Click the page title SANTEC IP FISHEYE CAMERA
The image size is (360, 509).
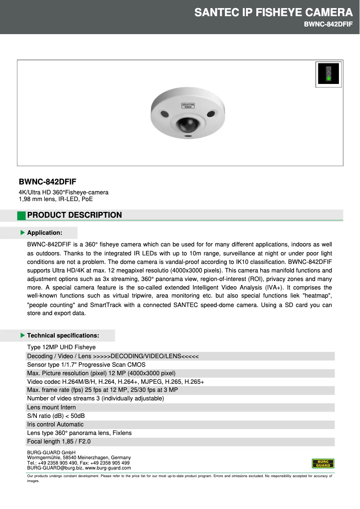[x=273, y=13]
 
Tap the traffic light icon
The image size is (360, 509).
[x=328, y=74]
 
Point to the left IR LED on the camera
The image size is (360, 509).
[x=165, y=113]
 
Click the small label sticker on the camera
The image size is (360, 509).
[x=187, y=106]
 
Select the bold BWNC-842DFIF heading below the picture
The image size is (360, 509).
[x=47, y=182]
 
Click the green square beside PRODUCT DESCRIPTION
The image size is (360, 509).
[x=21, y=215]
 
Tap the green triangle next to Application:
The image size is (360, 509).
[x=22, y=233]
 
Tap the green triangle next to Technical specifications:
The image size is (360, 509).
[x=22, y=335]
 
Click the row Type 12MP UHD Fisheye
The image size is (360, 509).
[x=61, y=347]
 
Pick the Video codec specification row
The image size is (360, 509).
[x=115, y=382]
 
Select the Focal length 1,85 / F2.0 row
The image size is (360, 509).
[x=59, y=442]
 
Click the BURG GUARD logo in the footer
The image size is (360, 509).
[x=323, y=463]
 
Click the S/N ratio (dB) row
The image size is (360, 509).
[x=56, y=416]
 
